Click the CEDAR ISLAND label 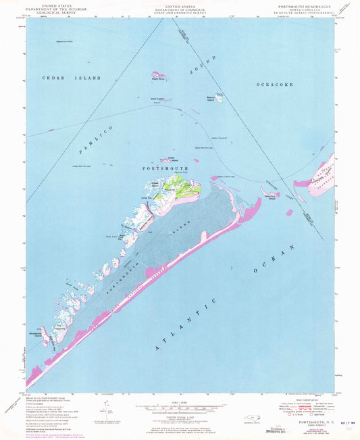pos(81,78)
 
